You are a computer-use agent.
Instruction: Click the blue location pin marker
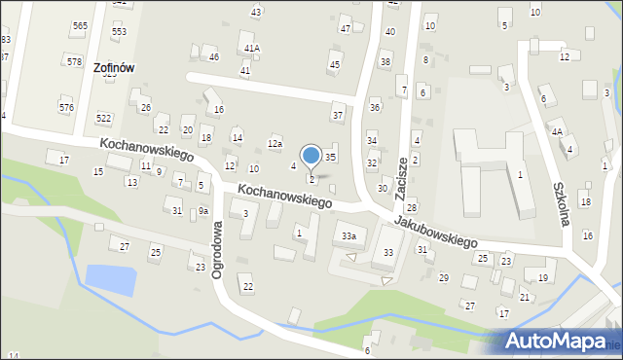(311, 157)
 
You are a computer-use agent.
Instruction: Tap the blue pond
(110, 278)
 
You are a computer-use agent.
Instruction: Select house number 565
(80, 25)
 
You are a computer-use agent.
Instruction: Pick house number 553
(119, 31)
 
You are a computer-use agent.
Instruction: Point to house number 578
(74, 61)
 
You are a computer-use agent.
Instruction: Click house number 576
(66, 107)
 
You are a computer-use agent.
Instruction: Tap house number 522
(104, 118)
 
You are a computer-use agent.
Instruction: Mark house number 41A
(252, 48)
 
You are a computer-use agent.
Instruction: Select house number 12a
(275, 144)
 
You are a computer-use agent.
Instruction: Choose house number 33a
(348, 235)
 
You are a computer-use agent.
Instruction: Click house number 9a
(203, 210)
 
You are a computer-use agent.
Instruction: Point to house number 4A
(557, 131)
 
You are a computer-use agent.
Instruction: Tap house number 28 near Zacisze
(412, 208)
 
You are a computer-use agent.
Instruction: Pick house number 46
(214, 57)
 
